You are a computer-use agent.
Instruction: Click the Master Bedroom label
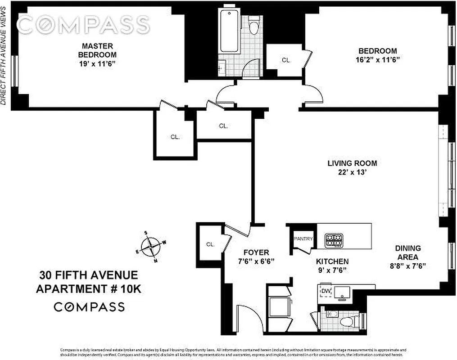pos(97,50)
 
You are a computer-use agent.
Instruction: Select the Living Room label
pos(352,163)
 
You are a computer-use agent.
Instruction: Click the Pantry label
pos(303,239)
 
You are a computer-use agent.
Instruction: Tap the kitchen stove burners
pos(334,240)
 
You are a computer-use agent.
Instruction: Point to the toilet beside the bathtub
pos(255,26)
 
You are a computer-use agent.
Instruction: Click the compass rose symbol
pos(150,246)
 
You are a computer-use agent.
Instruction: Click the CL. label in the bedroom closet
pos(286,60)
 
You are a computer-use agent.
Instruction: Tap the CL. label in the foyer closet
pos(210,244)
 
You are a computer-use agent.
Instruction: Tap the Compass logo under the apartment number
pos(89,307)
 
